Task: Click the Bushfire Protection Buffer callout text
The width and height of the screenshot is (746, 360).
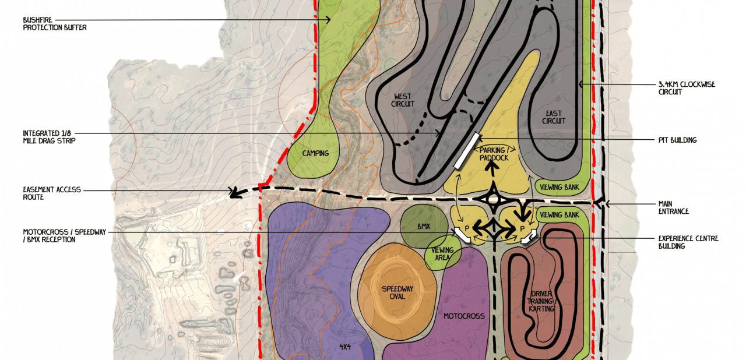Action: coord(55,23)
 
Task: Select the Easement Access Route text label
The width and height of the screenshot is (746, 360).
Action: coord(52,193)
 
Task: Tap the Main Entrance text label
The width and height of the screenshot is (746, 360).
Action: coord(674,207)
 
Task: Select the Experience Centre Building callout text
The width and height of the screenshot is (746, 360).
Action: coord(688,242)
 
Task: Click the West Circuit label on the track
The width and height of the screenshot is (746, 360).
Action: coord(403,100)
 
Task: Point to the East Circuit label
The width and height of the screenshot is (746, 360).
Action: coord(554,117)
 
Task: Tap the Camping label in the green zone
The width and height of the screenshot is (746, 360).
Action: coord(315,154)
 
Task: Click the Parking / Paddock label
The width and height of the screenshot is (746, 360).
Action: coord(494,154)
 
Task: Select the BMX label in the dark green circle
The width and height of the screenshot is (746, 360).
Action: coord(423,227)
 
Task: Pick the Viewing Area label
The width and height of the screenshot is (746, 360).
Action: coord(443,254)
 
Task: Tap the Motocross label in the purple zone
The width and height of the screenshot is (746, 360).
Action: coord(464,316)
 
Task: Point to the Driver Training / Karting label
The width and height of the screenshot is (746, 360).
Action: coord(542,301)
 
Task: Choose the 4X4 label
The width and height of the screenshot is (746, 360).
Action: coord(345,347)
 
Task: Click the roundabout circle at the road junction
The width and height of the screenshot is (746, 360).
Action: coord(493,200)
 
